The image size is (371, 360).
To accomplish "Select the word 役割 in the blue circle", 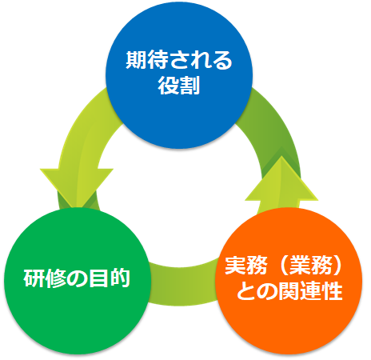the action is pyautogui.click(x=179, y=86).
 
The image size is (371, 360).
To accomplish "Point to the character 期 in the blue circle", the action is pyautogui.click(x=136, y=60).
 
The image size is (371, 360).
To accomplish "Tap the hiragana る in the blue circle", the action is pyautogui.click(x=221, y=60).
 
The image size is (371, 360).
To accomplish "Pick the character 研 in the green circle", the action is pyautogui.click(x=34, y=278).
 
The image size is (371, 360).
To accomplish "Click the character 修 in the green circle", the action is pyautogui.click(x=55, y=278).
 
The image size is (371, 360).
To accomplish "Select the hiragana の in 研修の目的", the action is pyautogui.click(x=77, y=278).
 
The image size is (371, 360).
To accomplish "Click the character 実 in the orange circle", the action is pyautogui.click(x=235, y=266).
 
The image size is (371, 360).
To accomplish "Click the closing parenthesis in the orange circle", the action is pyautogui.click(x=337, y=266).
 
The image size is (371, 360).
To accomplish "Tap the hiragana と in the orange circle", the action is pyautogui.click(x=246, y=290).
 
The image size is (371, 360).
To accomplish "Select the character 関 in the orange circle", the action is pyautogui.click(x=289, y=290).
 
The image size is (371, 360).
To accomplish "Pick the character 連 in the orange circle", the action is pyautogui.click(x=310, y=290).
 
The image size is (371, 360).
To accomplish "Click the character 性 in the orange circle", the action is pyautogui.click(x=332, y=290).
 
